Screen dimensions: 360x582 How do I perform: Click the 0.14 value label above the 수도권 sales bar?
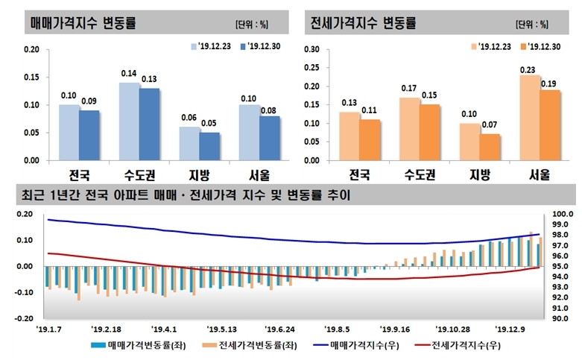(129, 73)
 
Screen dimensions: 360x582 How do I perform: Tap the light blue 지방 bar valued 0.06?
(189, 143)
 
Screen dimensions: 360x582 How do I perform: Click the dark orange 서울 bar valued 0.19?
(549, 124)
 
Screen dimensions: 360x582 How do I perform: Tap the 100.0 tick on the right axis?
(561, 213)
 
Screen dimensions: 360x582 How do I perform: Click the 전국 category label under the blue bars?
(78, 176)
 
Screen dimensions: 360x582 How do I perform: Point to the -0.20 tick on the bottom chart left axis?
(21, 318)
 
